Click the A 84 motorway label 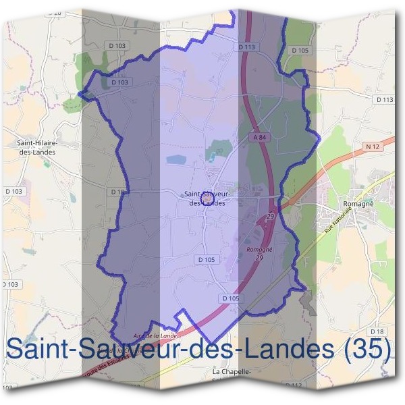260,137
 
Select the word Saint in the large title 38,349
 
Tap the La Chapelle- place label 232,372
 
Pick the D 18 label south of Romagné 377,331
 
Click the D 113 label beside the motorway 247,47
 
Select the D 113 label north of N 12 383,99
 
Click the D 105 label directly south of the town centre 207,259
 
